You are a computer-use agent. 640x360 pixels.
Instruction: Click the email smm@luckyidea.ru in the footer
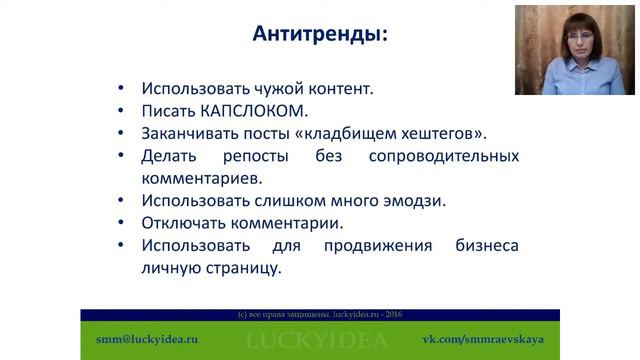click(139, 339)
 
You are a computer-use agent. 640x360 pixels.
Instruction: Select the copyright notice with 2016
click(319, 314)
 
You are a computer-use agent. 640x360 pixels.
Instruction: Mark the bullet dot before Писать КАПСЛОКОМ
click(121, 111)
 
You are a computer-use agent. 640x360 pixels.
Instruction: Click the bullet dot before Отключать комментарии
click(121, 224)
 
